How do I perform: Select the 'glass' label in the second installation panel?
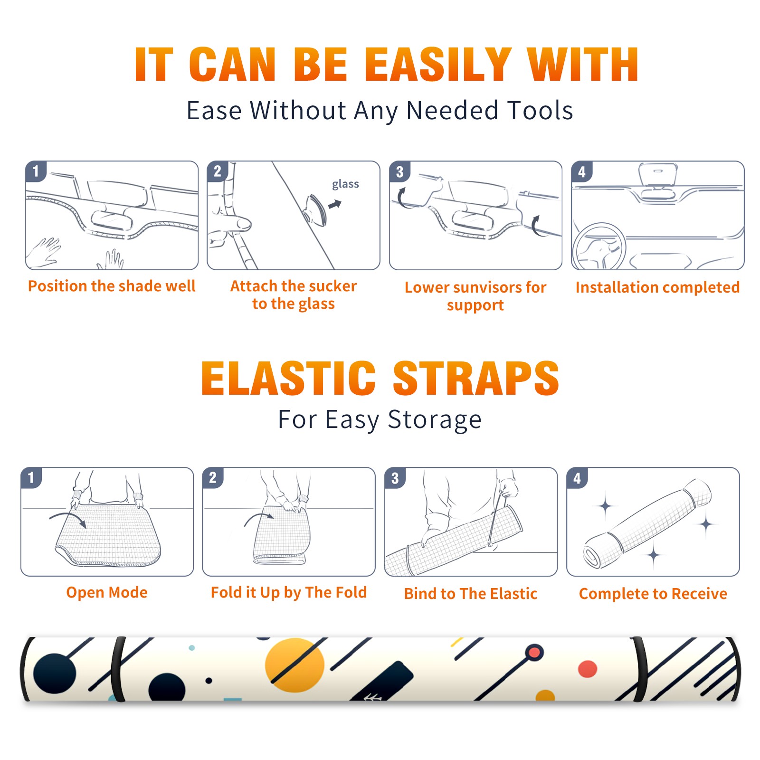click(x=345, y=184)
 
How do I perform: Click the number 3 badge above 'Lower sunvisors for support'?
click(x=399, y=171)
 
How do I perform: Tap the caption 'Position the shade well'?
click(x=112, y=286)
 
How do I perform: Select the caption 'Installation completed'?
click(x=657, y=287)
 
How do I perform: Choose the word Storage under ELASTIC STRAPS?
click(x=435, y=420)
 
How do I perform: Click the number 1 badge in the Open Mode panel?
click(x=31, y=477)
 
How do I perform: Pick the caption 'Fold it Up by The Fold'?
click(x=289, y=592)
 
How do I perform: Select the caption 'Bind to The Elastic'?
click(x=471, y=594)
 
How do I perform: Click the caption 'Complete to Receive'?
click(x=653, y=594)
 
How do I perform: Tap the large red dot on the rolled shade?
click(x=588, y=669)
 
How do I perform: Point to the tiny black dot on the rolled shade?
click(x=209, y=681)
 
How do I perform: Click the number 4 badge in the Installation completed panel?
click(x=581, y=171)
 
